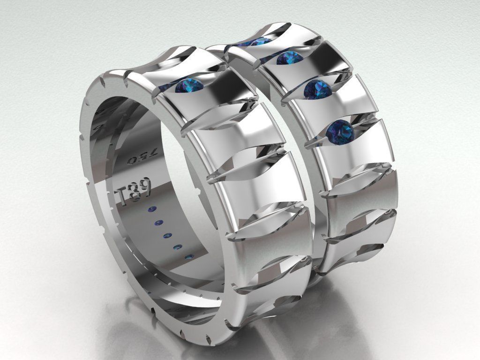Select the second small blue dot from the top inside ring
[x=158, y=221]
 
